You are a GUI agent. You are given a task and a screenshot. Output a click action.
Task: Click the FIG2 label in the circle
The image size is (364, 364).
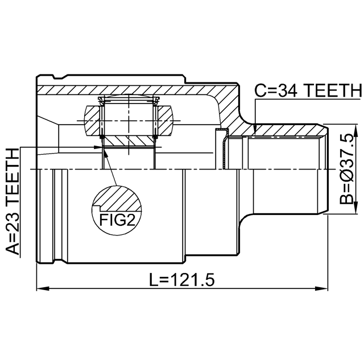pyautogui.click(x=117, y=220)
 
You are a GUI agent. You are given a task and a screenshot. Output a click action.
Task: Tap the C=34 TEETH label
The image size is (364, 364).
pyautogui.click(x=308, y=90)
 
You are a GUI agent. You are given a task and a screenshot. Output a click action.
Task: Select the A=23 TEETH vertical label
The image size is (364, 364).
pyautogui.click(x=12, y=201)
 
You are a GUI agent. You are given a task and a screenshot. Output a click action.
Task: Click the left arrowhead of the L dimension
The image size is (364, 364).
pyautogui.click(x=43, y=289)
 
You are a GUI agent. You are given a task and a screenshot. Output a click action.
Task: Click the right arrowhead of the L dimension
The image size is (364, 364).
pyautogui.click(x=321, y=289)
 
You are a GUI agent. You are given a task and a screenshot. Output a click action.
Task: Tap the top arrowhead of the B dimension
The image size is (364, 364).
pyautogui.click(x=355, y=130)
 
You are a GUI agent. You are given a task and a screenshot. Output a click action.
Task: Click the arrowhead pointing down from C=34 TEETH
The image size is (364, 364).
pyautogui.click(x=255, y=129)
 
